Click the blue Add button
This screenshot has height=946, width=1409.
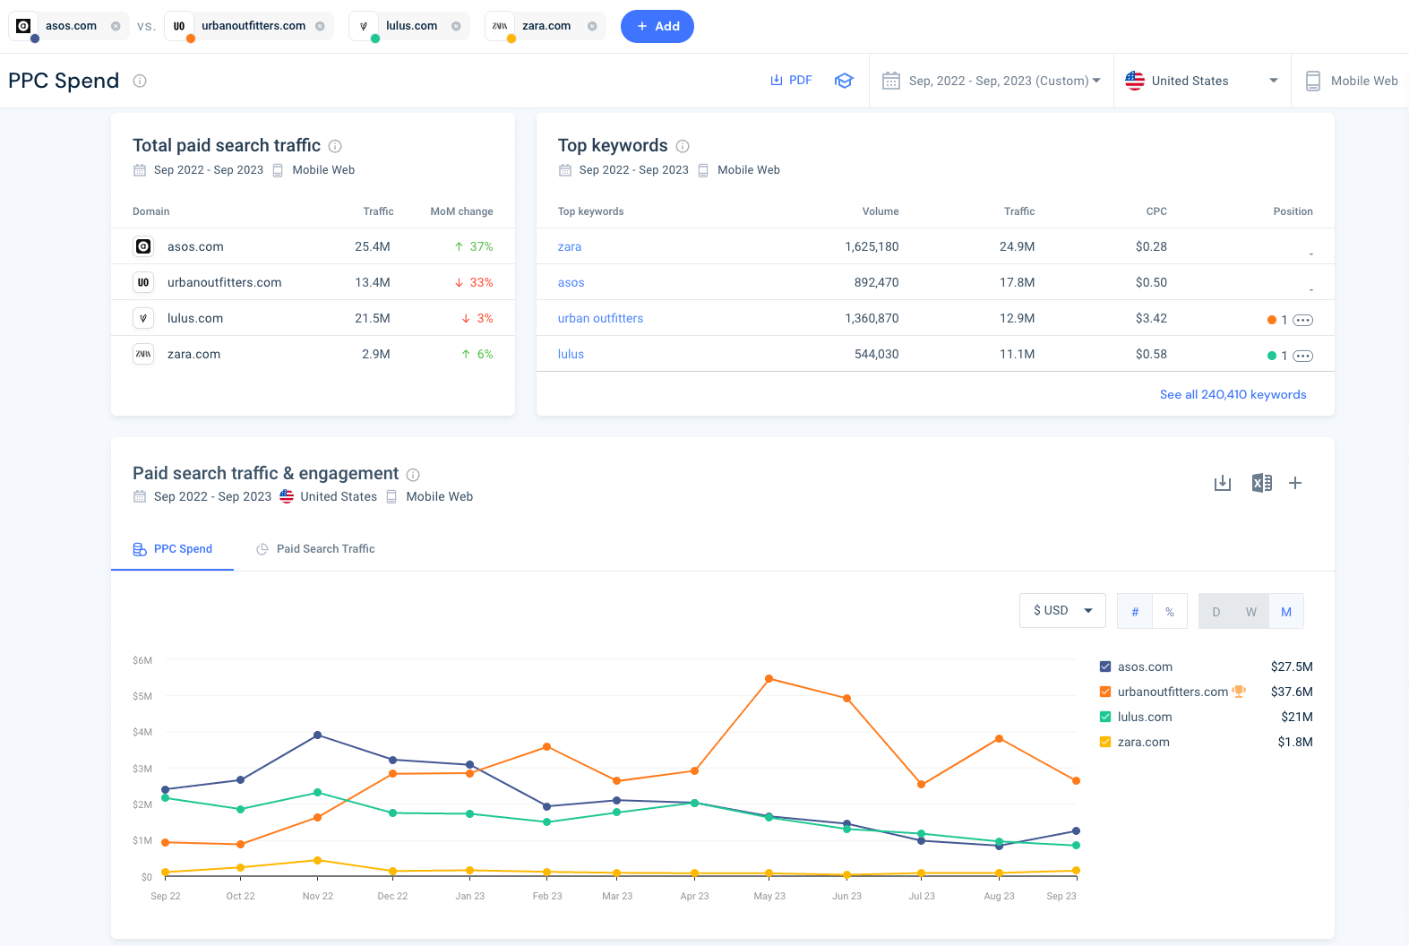point(657,26)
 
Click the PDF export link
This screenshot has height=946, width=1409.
point(791,81)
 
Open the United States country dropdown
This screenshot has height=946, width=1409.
point(1201,81)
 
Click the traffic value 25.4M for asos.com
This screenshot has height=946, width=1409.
point(372,246)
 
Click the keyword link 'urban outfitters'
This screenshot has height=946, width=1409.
point(600,318)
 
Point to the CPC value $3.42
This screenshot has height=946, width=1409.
point(1150,318)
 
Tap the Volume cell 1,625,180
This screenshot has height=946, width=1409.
point(871,246)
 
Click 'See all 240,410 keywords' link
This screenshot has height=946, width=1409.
point(1233,394)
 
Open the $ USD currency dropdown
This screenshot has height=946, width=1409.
point(1062,611)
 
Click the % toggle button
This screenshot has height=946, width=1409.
point(1169,612)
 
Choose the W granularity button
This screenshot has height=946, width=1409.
point(1250,612)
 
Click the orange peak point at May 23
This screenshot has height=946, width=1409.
point(769,679)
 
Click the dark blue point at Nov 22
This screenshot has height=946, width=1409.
point(318,735)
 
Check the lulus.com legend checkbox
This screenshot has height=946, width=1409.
point(1105,717)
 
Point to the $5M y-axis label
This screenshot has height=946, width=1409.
point(142,696)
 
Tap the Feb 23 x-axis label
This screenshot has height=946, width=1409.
point(547,896)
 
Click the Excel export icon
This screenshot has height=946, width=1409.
point(1261,483)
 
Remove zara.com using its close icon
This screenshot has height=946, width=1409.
point(592,26)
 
